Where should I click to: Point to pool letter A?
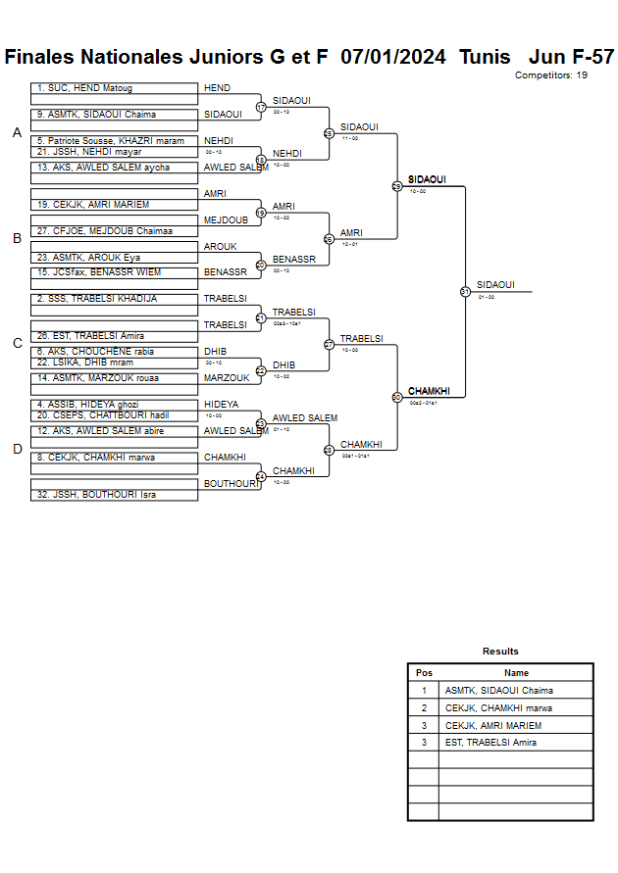click(17, 133)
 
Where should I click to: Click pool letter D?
click(17, 450)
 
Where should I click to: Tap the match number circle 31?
click(465, 291)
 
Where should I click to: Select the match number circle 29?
click(397, 186)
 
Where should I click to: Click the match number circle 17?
click(261, 107)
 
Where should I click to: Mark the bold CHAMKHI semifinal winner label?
click(429, 391)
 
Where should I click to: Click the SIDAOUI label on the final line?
click(495, 285)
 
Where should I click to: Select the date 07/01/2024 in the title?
click(393, 57)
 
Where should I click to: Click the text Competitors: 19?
click(551, 75)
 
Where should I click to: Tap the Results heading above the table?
click(500, 652)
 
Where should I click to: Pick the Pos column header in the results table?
click(424, 673)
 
